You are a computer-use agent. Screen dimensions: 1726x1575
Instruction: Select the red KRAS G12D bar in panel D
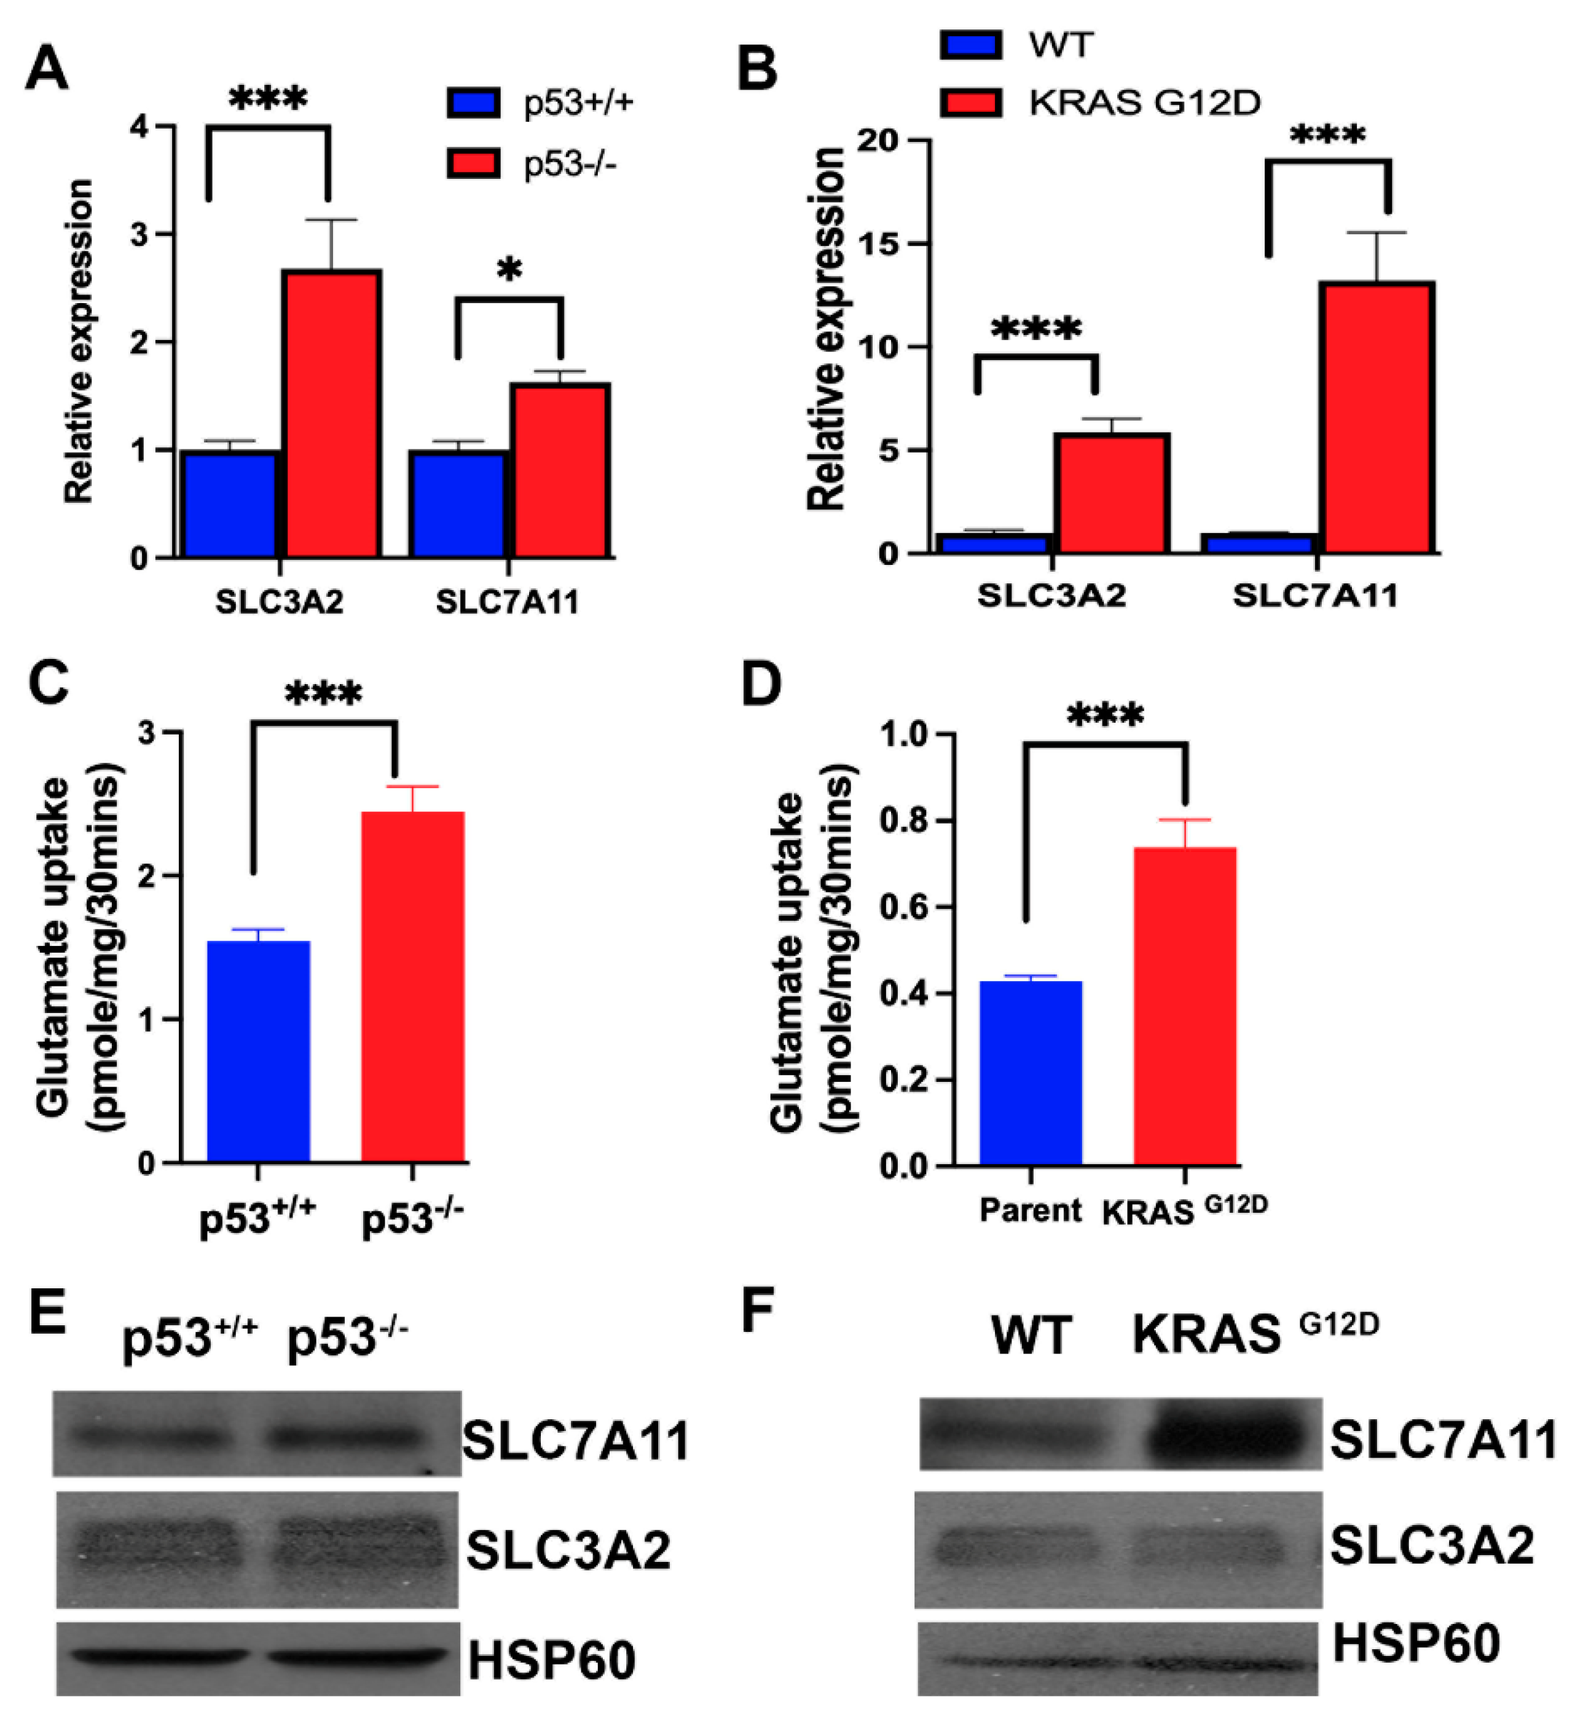1185,1007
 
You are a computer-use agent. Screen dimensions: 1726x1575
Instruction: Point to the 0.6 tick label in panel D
903,907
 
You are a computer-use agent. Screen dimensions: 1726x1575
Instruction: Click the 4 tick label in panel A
139,127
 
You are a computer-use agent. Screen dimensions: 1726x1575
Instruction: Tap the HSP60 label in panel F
1416,1644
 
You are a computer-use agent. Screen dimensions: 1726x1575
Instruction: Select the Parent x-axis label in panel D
1031,1211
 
